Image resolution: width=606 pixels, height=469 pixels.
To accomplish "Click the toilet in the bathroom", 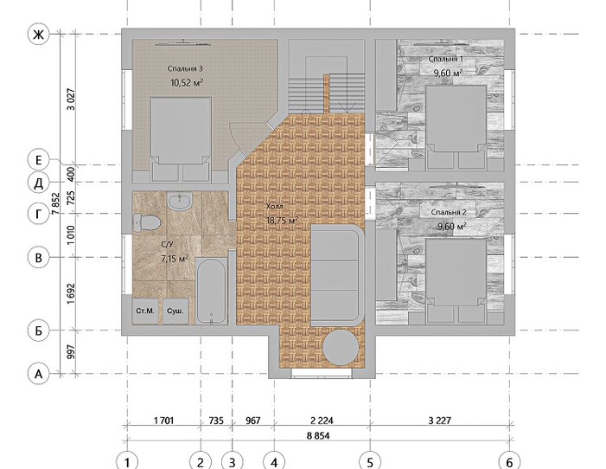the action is (146, 222).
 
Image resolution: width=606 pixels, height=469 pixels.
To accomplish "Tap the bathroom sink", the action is (179, 202).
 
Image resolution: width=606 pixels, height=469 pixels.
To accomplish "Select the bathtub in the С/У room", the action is (211, 292).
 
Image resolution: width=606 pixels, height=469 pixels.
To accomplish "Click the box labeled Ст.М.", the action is (145, 311).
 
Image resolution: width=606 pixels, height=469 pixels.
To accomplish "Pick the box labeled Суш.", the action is (175, 311).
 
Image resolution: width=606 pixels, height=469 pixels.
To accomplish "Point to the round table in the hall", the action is (340, 347).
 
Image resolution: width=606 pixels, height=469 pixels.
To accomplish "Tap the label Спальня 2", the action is (449, 212).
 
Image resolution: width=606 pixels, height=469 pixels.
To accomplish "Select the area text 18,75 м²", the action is (283, 221).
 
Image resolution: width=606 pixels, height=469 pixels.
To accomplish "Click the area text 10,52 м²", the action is (187, 82).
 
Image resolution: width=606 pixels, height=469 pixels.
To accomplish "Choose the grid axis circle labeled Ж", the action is (39, 35).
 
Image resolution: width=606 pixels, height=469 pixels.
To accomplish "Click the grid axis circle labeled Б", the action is (39, 331).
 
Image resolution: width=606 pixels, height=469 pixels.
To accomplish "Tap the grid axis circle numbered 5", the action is (370, 462).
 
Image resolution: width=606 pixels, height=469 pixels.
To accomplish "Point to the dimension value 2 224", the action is (322, 421).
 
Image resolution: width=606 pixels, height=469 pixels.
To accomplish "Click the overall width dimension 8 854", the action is (318, 436).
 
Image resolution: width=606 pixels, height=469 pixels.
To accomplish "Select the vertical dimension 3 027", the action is (71, 100).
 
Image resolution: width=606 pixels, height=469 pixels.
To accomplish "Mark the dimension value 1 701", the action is (164, 421).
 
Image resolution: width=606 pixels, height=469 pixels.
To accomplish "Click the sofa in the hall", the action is (337, 276).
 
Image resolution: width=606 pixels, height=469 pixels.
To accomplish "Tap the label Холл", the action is (274, 207).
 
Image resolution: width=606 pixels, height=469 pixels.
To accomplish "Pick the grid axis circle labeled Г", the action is (39, 213).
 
